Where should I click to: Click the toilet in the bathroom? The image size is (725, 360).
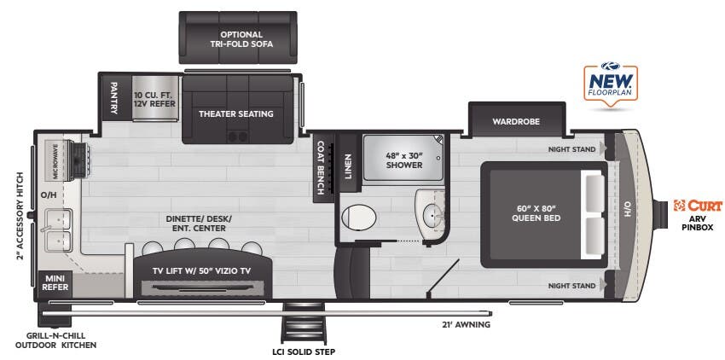click(x=357, y=217)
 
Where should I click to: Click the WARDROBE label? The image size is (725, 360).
click(x=515, y=121)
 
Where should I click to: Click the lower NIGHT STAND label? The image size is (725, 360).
click(x=571, y=287)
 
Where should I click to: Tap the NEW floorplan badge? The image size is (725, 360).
click(x=609, y=84)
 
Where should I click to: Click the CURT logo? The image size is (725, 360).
click(x=698, y=206)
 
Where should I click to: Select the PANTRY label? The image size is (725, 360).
click(x=113, y=97)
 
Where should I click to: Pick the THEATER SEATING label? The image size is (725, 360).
click(x=236, y=113)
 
